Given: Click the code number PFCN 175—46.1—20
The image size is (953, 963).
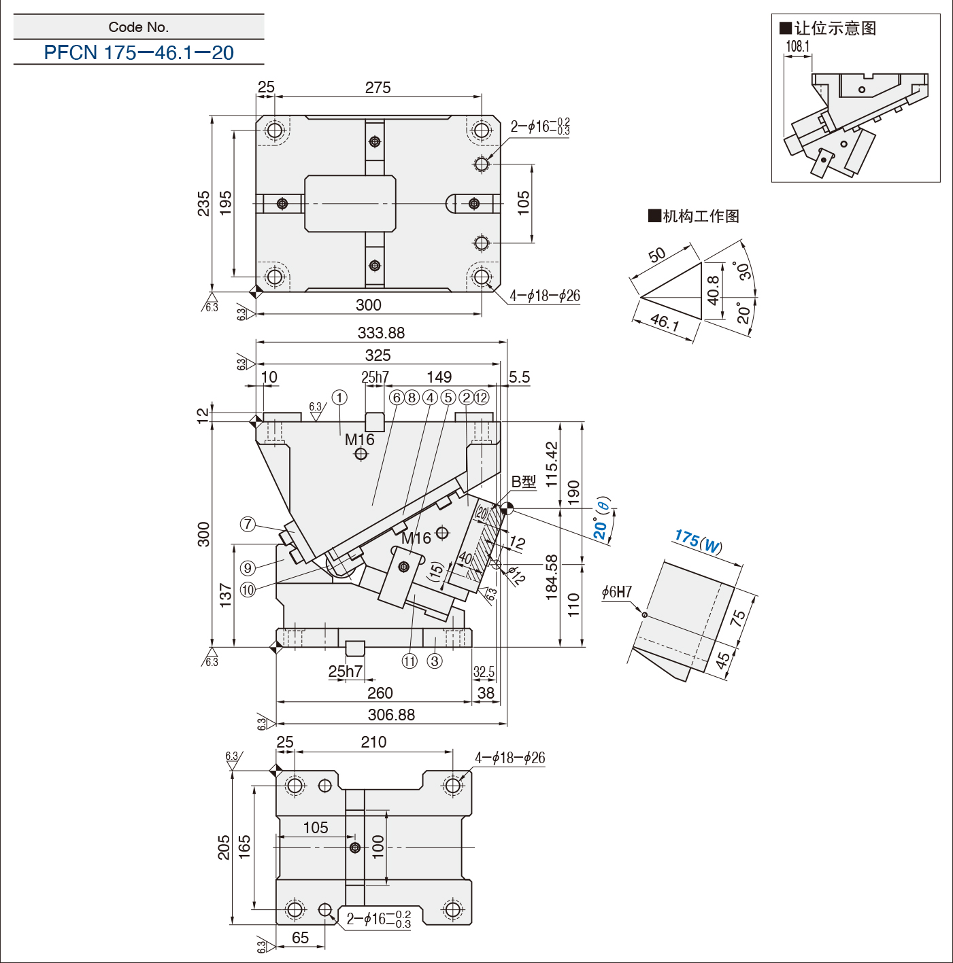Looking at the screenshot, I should [x=139, y=53].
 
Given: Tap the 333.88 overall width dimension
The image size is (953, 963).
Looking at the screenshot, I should [x=381, y=333].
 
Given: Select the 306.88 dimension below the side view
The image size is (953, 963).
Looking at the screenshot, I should [x=391, y=715].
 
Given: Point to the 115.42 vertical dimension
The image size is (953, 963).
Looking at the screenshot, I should [x=552, y=463].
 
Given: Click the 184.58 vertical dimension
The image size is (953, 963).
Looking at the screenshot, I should [x=552, y=578].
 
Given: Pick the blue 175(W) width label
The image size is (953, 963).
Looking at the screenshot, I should [x=698, y=542].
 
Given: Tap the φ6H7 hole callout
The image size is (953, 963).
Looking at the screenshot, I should [x=617, y=593].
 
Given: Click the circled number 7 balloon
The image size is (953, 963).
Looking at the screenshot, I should [x=248, y=524].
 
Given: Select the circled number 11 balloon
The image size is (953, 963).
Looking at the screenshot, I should [x=409, y=661].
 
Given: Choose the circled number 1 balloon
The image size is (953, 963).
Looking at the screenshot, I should [x=339, y=398].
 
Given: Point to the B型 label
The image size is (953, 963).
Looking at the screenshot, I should [x=524, y=482].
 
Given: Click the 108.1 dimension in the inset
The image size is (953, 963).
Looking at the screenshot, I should [x=798, y=46].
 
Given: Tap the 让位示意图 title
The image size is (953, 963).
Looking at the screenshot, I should [x=835, y=29].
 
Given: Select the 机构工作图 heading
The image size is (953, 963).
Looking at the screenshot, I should [x=701, y=216].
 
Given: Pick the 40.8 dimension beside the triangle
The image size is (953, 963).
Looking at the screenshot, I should [x=713, y=290].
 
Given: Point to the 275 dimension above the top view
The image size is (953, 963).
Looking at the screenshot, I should [x=378, y=88].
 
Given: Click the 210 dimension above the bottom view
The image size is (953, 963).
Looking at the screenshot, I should [x=373, y=742].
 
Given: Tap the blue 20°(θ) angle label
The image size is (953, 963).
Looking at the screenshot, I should [x=601, y=519].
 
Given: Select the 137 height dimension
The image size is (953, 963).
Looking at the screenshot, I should [x=226, y=594].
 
